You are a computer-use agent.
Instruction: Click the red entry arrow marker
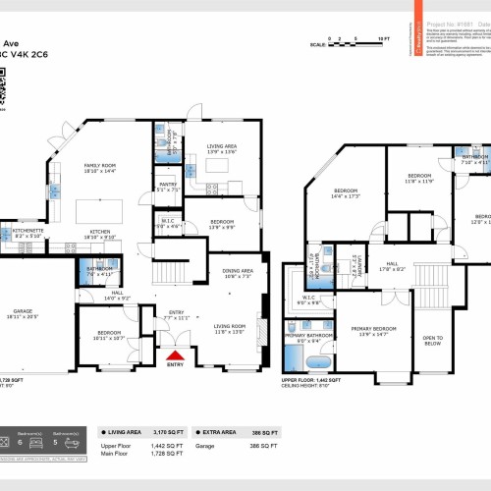point(175,355)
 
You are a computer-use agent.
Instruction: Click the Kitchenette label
point(21,234)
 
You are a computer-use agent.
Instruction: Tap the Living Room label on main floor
point(230,328)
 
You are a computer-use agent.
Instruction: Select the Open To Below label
point(432,341)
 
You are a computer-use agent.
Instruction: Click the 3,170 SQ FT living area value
point(173,431)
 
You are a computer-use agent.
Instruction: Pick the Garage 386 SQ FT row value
point(268,446)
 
